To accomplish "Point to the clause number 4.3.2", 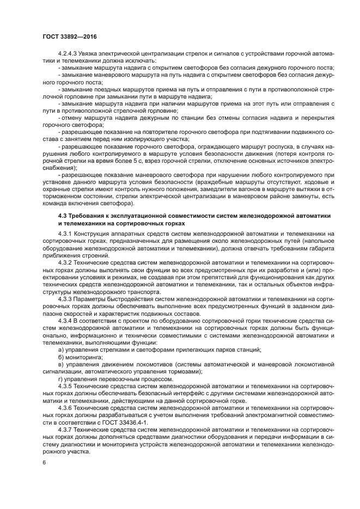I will tap(65, 262).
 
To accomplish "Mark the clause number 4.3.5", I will tap(65, 386).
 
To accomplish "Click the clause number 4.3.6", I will tap(65, 407).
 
